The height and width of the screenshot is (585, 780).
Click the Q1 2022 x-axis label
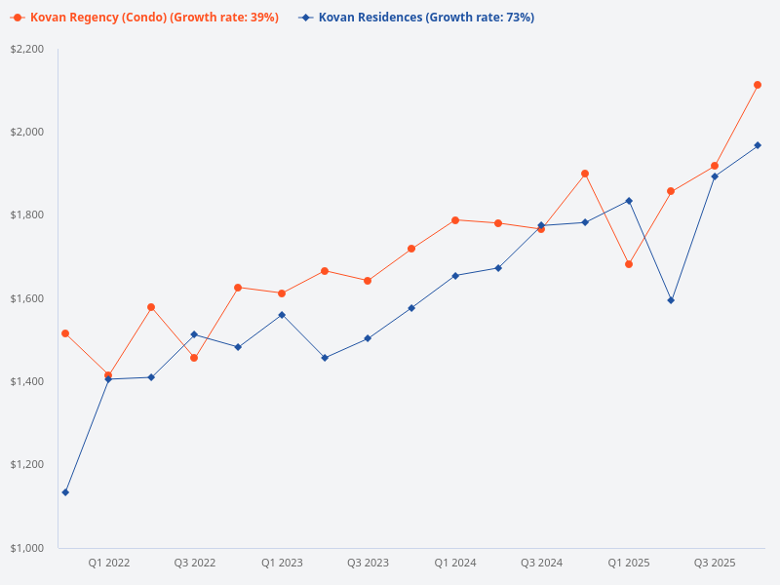[x=108, y=563]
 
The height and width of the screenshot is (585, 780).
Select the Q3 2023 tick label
[x=368, y=563]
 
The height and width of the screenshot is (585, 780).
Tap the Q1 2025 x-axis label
[x=629, y=563]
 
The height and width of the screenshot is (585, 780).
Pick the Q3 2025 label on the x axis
[x=715, y=563]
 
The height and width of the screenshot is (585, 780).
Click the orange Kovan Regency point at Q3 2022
[x=194, y=358]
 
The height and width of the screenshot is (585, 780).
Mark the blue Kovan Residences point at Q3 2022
[x=194, y=334]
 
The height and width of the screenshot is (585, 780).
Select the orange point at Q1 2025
[x=629, y=264]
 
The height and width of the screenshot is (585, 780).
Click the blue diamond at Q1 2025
[x=629, y=201]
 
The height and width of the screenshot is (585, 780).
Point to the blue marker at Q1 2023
[x=282, y=315]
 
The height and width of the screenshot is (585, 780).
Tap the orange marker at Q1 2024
[x=455, y=220]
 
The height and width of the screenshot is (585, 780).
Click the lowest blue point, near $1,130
[x=65, y=492]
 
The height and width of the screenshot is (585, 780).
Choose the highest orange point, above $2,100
[x=758, y=85]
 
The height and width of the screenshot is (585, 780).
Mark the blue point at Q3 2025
[x=715, y=176]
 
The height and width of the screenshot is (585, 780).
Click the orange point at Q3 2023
[x=368, y=281]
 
